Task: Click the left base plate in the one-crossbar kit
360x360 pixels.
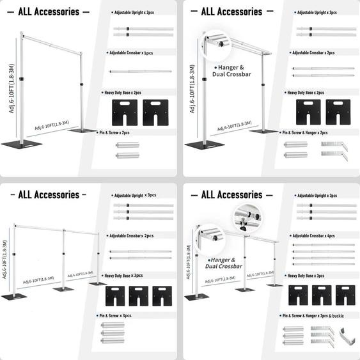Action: pos(125,109)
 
